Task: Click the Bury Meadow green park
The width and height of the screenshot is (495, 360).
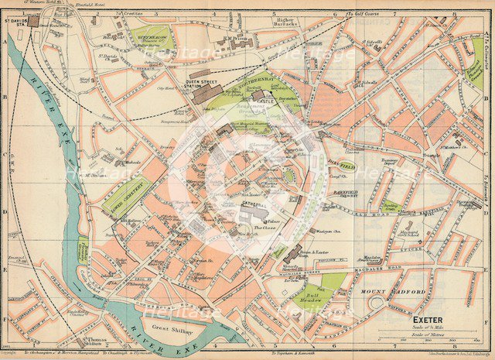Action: point(151,34)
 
